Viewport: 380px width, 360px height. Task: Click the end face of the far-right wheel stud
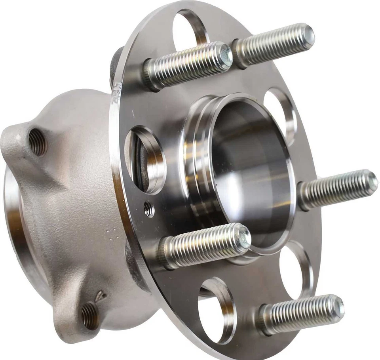(372, 183)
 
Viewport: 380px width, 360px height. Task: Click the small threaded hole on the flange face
(149, 210)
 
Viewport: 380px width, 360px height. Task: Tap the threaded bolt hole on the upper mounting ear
(38, 142)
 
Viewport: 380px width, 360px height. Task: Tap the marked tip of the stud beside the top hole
(226, 54)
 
